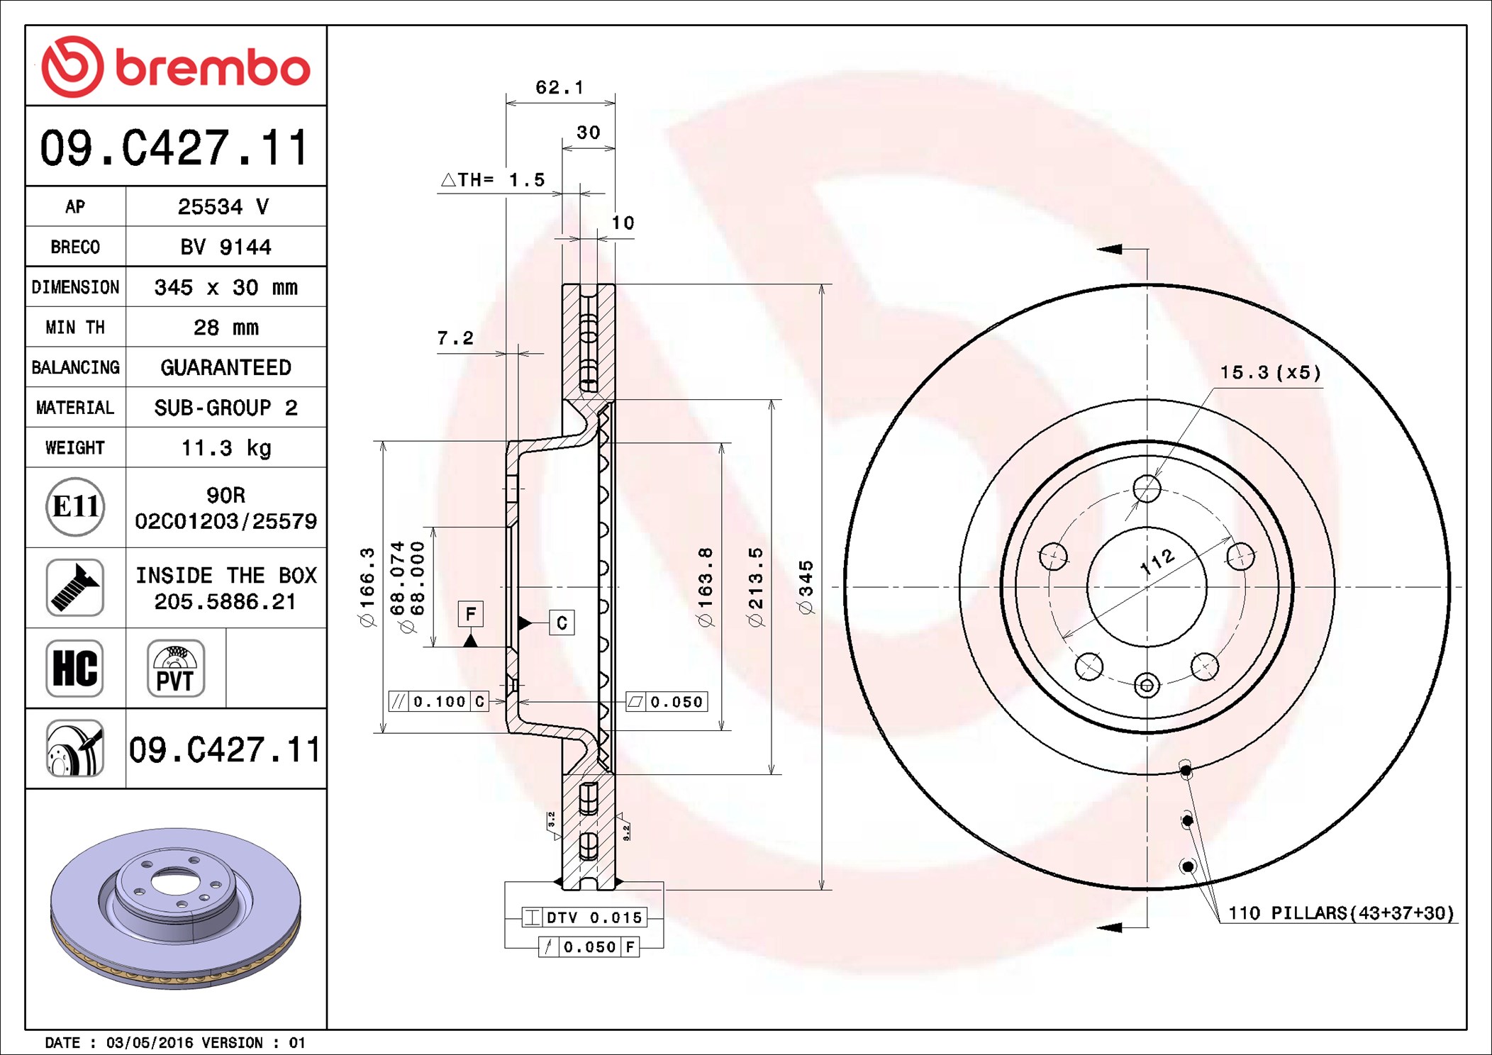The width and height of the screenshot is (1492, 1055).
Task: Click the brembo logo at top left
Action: pos(176,67)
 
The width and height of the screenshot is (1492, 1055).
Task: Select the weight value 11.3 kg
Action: pos(226,448)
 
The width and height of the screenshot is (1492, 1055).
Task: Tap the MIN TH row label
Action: pos(75,328)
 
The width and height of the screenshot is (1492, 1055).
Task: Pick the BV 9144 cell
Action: pos(226,247)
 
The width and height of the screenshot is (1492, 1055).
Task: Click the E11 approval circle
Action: pos(75,507)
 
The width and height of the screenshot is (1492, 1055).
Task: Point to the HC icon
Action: pos(74,668)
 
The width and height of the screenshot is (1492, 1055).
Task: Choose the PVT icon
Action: pos(176,668)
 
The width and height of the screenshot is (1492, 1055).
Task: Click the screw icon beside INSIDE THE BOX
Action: pos(74,588)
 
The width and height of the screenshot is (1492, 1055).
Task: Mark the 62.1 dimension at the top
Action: pos(559,87)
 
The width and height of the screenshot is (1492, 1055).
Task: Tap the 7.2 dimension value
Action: pos(455,338)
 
